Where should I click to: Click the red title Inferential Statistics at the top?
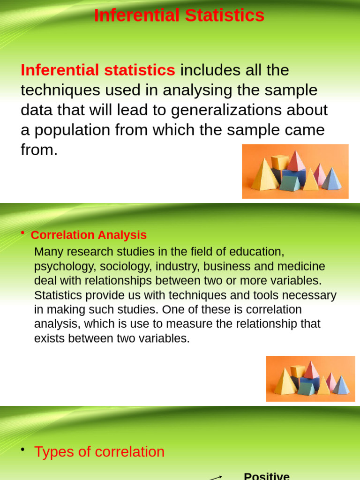[x=179, y=15]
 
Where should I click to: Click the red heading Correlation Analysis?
[x=89, y=235]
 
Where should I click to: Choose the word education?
[x=260, y=252]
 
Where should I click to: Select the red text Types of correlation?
[x=99, y=452]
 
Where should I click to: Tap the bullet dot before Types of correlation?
[x=22, y=450]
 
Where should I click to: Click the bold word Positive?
[x=267, y=476]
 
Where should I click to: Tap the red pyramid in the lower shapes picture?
[x=311, y=370]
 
